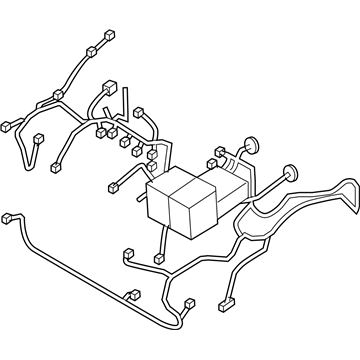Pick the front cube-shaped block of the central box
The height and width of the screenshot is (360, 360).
194,213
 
